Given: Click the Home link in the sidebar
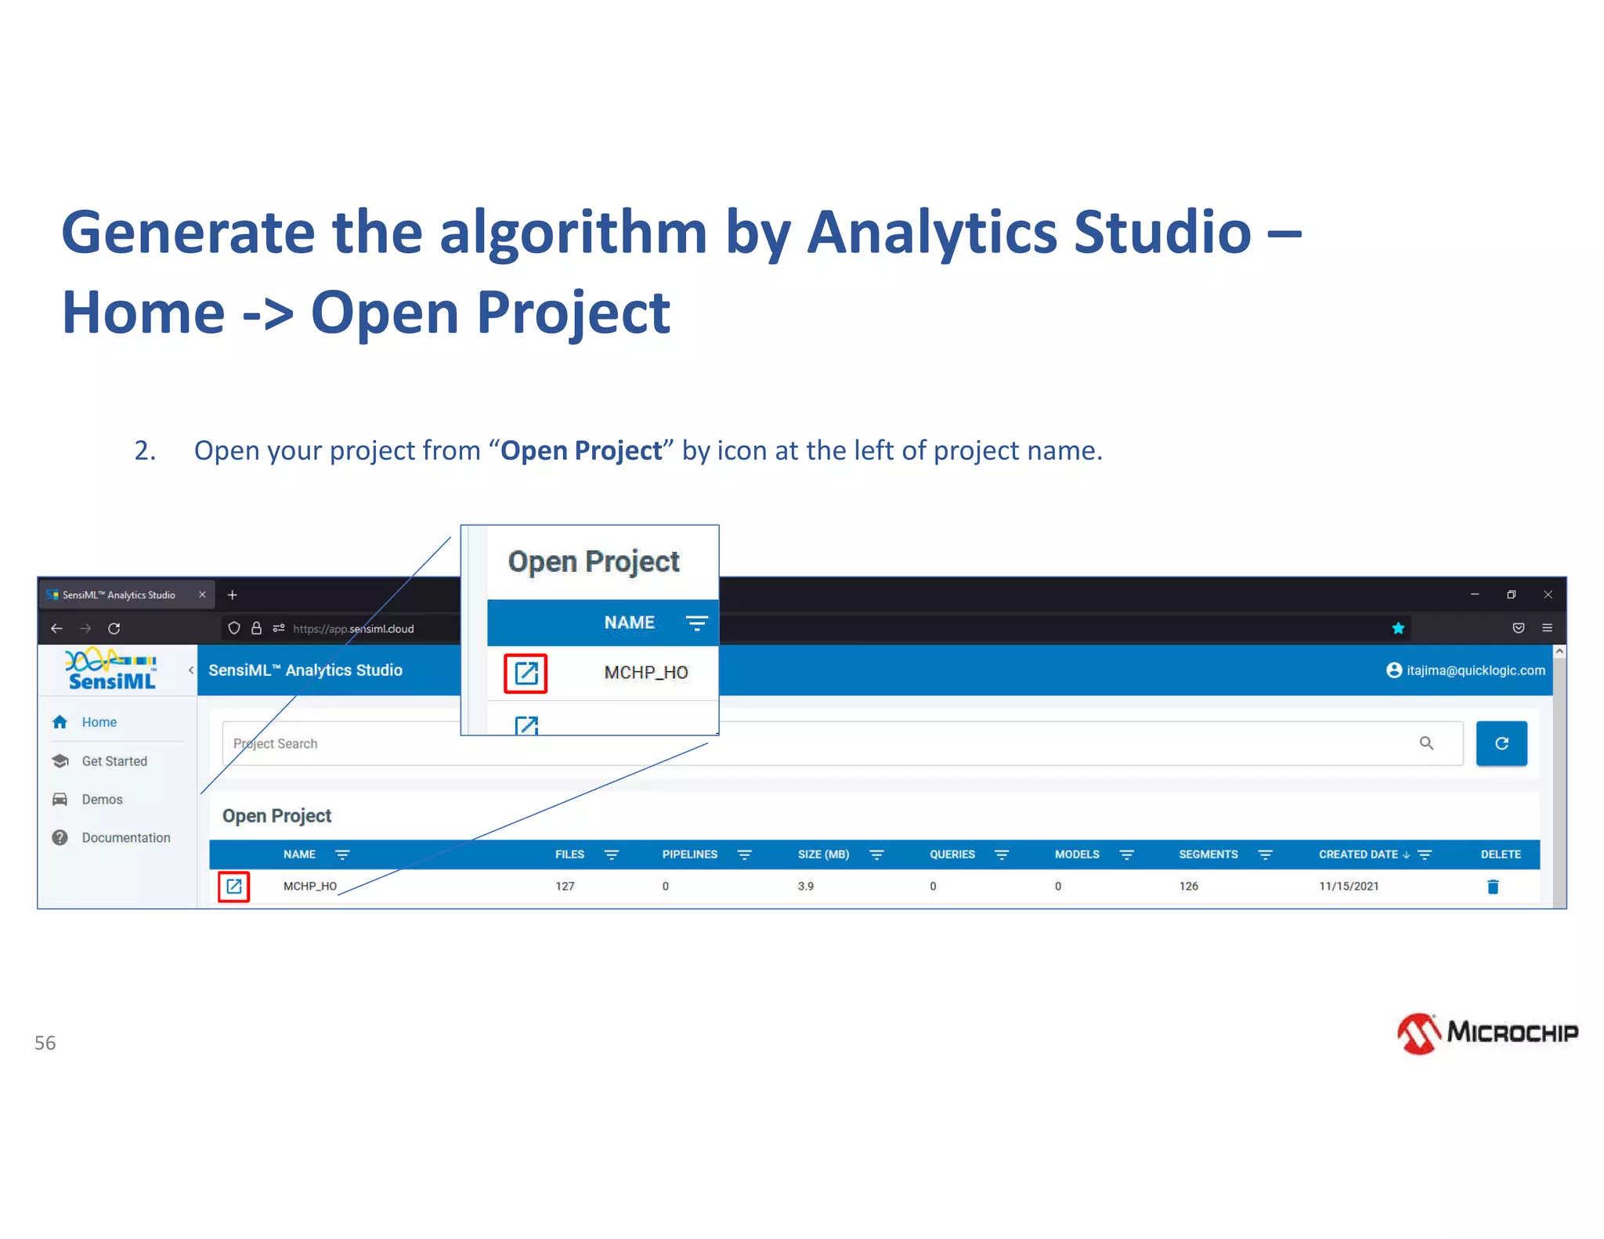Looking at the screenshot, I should pos(99,722).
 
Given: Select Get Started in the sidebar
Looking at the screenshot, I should pos(114,760).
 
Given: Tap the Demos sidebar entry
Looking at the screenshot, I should pos(102,799).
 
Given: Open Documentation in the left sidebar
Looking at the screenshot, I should pos(125,837).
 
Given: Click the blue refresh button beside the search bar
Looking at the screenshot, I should pos(1501,743).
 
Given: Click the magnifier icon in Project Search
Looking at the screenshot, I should pos(1426,743).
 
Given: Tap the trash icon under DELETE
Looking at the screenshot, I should pos(1493,887).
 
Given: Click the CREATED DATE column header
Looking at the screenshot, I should pos(1358,854).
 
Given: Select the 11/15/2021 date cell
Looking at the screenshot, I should pos(1349,887).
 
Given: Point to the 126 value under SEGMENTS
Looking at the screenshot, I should pos(1188,887).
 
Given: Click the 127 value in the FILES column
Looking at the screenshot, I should pos(565,887).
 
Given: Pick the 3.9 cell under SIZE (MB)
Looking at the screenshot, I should pos(805,887).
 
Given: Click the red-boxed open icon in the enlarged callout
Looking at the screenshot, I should pos(526,673).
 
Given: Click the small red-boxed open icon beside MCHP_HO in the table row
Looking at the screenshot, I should pos(233,887).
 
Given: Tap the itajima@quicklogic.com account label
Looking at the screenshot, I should pos(1475,670).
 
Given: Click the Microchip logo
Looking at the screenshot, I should pos(1487,1033).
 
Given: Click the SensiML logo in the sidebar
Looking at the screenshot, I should pos(111,670).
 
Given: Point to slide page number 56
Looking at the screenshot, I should pos(45,1042).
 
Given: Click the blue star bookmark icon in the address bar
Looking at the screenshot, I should pos(1398,628).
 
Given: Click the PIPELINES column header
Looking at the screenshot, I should pos(689,854).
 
